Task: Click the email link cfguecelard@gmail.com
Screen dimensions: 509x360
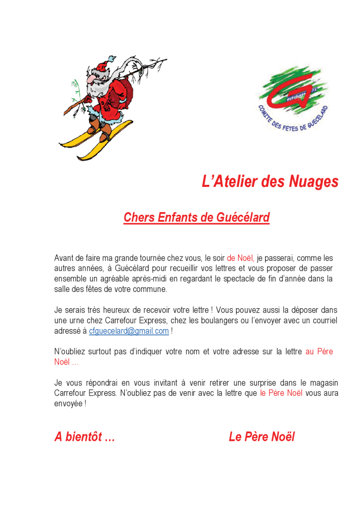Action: [129, 331]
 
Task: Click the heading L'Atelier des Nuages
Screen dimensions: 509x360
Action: [270, 182]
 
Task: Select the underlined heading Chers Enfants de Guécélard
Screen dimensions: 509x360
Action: [196, 218]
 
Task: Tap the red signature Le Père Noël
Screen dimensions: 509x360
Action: [262, 437]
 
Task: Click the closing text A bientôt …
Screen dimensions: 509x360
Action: [85, 437]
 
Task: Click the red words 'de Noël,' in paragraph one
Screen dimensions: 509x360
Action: [241, 258]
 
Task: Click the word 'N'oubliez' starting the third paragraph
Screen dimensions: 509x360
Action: [69, 352]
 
